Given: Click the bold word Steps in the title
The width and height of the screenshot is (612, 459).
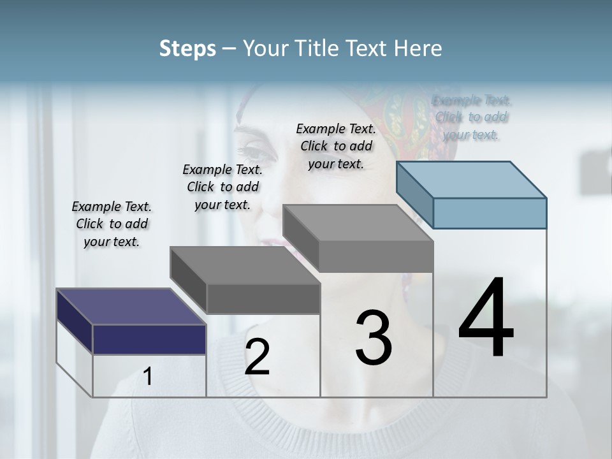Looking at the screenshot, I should pos(187,48).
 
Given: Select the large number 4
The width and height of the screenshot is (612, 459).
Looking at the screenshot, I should pos(486,319).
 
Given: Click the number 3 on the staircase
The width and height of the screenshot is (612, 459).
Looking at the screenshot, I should pos(374,338).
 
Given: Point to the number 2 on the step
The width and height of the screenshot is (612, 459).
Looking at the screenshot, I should pos(257,357).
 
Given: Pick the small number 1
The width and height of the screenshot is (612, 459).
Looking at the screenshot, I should pos(148,377).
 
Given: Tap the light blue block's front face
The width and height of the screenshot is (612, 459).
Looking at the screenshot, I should pos(490,213).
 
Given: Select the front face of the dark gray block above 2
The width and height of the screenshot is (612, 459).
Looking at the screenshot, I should pos(263,298).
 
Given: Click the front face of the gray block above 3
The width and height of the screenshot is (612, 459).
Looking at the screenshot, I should pos(376,257).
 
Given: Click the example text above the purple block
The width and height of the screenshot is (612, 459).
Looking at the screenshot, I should pos(112,224).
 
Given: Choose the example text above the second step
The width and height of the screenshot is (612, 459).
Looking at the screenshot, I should pos(222,187).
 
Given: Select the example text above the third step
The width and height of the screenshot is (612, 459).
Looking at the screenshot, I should pos(336,146).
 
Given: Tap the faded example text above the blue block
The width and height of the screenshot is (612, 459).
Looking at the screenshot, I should pos(471,117).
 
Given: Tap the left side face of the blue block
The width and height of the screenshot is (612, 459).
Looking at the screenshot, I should pos(414,194).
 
